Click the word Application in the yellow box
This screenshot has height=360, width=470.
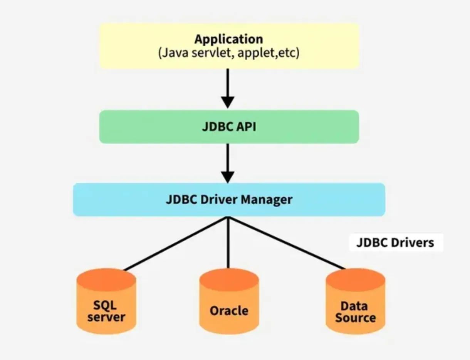228,39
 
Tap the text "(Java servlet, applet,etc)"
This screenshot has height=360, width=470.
228,53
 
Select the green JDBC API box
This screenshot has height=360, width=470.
229,127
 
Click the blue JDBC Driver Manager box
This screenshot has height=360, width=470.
229,200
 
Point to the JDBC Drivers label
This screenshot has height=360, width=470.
395,243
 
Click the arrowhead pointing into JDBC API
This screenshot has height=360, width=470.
228,102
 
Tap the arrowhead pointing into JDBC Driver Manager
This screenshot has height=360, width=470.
228,177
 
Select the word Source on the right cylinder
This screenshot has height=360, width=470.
355,318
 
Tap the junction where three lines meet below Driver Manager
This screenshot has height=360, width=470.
228,218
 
